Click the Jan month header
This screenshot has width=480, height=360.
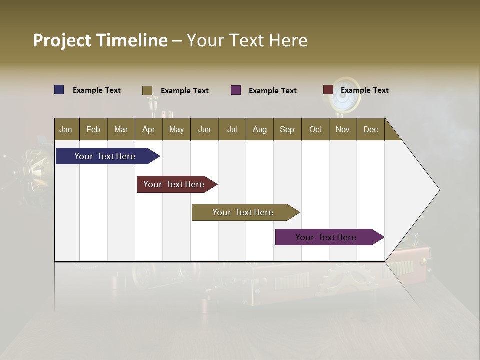coord(66,129)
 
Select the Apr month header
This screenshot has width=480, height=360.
coord(149,129)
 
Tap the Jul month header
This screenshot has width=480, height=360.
coord(232,129)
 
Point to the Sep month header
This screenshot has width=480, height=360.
coord(287,129)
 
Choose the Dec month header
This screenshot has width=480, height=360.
coord(370,129)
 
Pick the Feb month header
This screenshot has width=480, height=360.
coord(93,129)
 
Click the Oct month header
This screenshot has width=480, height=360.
coord(315,129)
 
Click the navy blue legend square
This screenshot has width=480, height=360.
coord(59,90)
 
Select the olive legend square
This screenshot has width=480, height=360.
coord(147,90)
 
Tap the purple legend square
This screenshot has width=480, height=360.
coord(236,90)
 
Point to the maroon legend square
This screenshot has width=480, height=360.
coord(328,90)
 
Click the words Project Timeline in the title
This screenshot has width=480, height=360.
coord(100,40)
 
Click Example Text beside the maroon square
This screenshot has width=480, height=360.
coord(365,90)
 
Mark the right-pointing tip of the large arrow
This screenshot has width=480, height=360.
coord(438,190)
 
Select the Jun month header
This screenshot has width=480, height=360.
coord(204,129)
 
